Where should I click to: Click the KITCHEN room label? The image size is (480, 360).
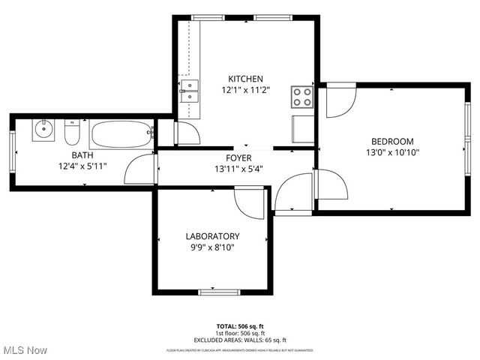pyautogui.click(x=245, y=79)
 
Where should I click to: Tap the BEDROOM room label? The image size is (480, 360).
pyautogui.click(x=392, y=141)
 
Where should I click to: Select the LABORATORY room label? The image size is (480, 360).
pyautogui.click(x=212, y=235)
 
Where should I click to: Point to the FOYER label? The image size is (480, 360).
pyautogui.click(x=238, y=158)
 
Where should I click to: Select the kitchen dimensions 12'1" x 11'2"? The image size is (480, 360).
pyautogui.click(x=245, y=90)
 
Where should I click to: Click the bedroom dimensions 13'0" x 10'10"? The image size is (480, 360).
pyautogui.click(x=392, y=152)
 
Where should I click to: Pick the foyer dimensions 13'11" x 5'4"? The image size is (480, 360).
pyautogui.click(x=238, y=169)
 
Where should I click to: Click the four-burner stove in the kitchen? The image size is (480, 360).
pyautogui.click(x=302, y=96)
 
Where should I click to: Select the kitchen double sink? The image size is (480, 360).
pyautogui.click(x=189, y=91)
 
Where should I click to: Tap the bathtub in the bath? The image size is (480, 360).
pyautogui.click(x=121, y=135)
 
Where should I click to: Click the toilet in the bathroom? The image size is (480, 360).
pyautogui.click(x=73, y=133)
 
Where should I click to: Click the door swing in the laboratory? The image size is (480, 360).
pyautogui.click(x=250, y=201)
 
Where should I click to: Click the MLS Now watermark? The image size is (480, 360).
pyautogui.click(x=25, y=350)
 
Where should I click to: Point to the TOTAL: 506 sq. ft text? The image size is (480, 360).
pyautogui.click(x=239, y=326)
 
